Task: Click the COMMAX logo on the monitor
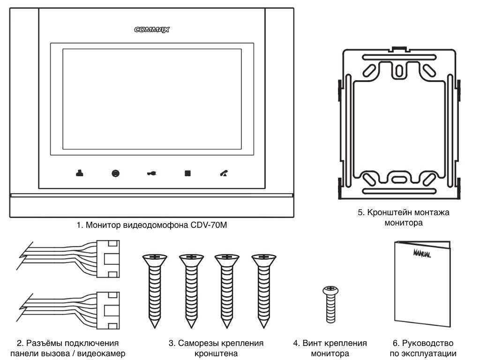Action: coord(151,29)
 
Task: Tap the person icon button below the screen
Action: coord(79,173)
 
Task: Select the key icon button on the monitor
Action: coord(151,173)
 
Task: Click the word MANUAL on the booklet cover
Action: coord(422,255)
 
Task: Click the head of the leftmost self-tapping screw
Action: coord(154,257)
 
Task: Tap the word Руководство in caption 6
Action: coord(428,344)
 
